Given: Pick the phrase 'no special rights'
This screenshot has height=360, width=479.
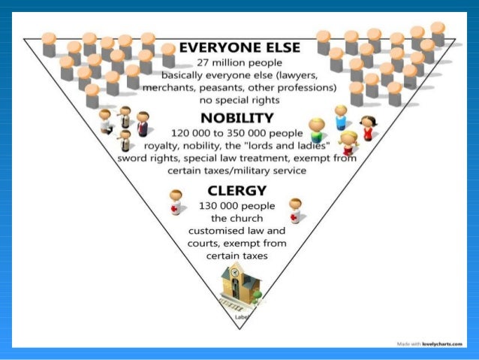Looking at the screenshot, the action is pyautogui.click(x=239, y=99).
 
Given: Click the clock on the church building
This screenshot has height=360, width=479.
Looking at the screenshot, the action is pyautogui.click(x=236, y=272).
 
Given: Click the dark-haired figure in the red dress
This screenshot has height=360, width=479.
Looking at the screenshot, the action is pyautogui.click(x=367, y=128).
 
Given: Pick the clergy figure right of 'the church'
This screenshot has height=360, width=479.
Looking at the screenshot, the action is pyautogui.click(x=295, y=210).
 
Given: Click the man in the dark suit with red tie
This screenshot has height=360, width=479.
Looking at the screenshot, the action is pyautogui.click(x=143, y=123).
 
